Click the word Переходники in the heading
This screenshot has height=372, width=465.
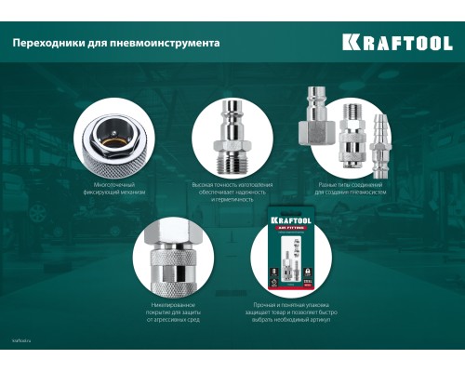click(47, 43)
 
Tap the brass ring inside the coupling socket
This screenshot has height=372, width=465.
click(113, 137)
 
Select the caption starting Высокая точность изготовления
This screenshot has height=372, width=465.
click(231, 190)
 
